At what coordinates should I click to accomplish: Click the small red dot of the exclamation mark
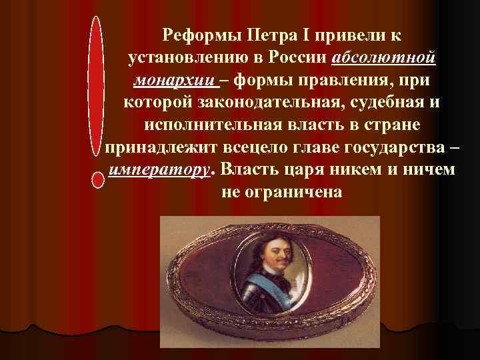[98, 181]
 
